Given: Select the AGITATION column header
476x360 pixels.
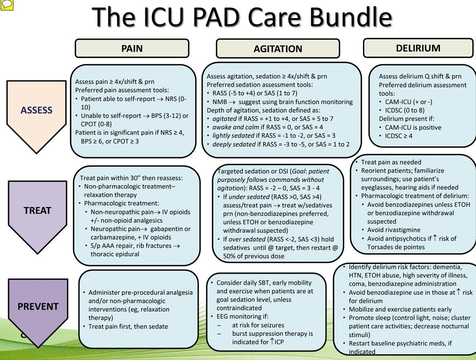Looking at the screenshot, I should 277,49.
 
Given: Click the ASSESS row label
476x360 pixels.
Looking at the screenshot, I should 36,110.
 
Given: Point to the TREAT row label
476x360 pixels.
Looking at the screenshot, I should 37,210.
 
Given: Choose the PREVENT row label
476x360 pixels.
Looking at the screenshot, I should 38,306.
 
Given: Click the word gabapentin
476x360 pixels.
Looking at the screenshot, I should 167,229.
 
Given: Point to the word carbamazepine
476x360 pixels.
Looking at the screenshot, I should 111,237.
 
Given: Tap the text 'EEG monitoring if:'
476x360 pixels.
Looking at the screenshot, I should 242,316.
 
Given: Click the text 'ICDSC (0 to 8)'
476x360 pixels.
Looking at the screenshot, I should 403,110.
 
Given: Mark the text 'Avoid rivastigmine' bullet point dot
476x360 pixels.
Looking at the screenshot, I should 363,230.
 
